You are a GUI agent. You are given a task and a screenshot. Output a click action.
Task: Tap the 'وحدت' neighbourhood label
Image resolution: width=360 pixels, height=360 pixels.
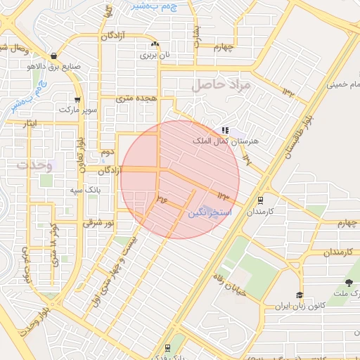pyautogui.click(x=32, y=165)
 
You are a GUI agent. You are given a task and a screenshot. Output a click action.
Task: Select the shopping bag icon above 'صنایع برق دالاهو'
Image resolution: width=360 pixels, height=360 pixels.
pyautogui.click(x=54, y=56)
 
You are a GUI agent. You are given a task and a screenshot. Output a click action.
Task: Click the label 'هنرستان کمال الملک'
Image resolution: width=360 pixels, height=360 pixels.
pyautogui.click(x=226, y=141)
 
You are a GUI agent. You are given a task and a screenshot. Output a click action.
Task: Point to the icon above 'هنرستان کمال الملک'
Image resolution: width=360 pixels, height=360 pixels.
pyautogui.click(x=225, y=130)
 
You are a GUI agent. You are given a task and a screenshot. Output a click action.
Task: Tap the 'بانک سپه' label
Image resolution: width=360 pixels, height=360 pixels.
pyautogui.click(x=83, y=191)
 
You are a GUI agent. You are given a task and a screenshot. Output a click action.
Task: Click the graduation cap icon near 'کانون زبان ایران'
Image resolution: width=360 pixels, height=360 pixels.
pyautogui.click(x=300, y=295)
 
